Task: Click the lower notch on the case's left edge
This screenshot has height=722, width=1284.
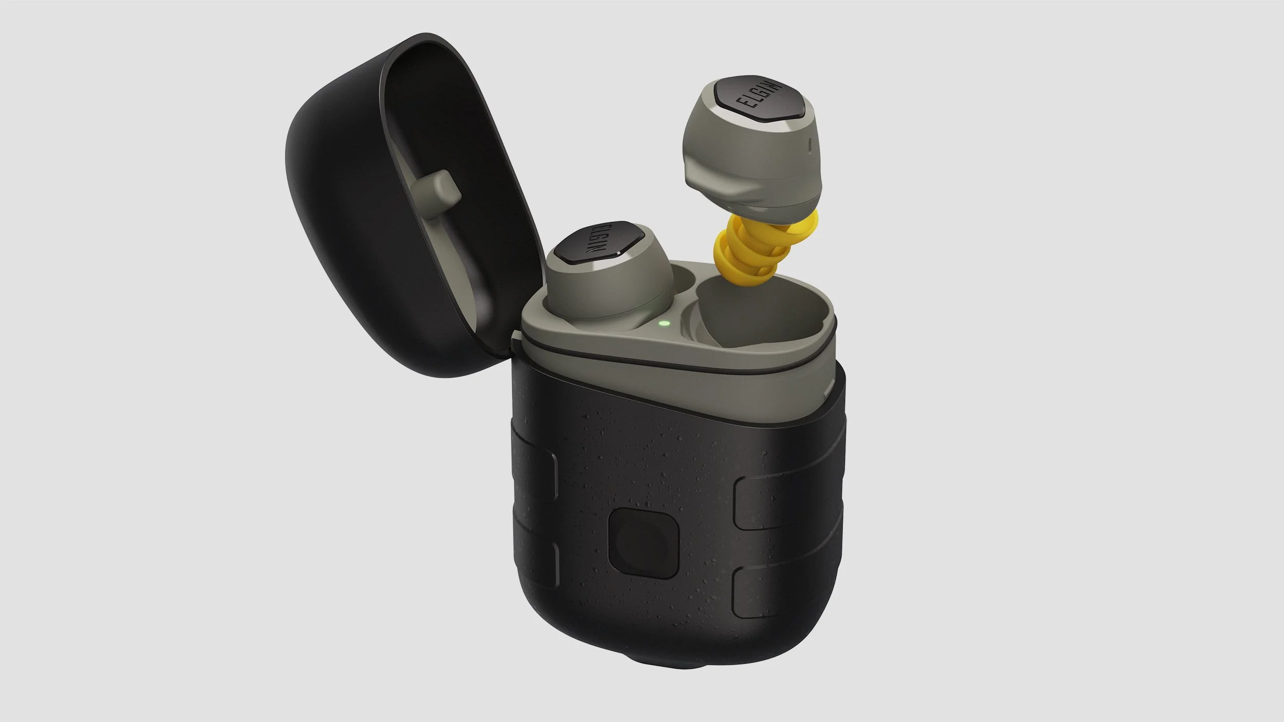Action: click(x=534, y=560)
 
